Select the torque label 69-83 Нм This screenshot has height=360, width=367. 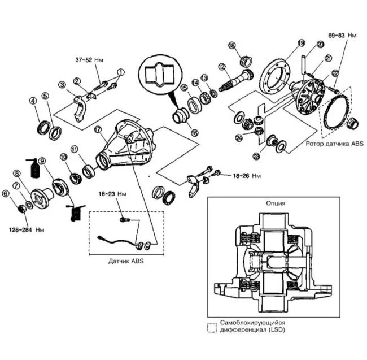click(343, 36)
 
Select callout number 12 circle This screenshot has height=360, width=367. click(222, 66)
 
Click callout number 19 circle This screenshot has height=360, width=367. click(300, 44)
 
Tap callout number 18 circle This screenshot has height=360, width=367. click(231, 45)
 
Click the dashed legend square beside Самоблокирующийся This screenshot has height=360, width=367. click(212, 327)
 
